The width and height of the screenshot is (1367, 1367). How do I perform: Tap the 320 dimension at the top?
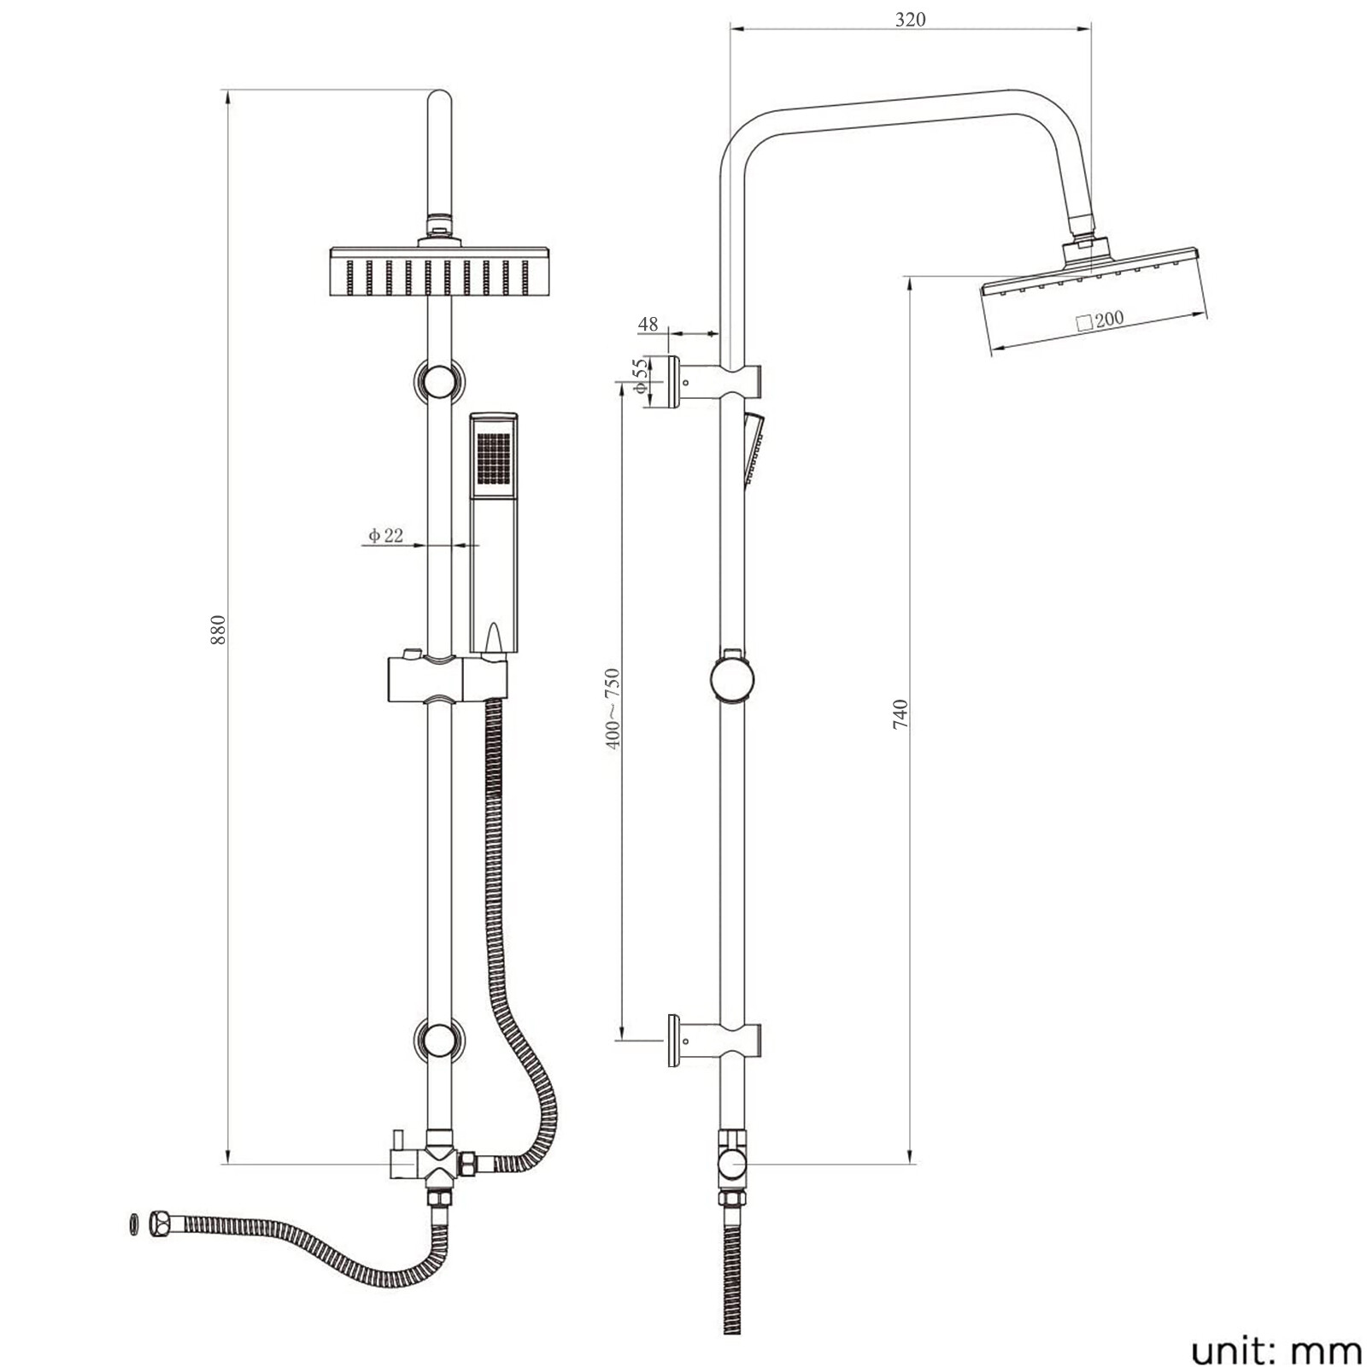(x=910, y=19)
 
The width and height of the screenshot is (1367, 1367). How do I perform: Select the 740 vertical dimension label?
(x=901, y=714)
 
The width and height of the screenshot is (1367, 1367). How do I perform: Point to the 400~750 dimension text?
(x=613, y=709)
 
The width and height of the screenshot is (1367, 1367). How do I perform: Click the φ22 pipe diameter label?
(x=385, y=536)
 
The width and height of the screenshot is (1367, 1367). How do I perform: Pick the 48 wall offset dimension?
(x=648, y=325)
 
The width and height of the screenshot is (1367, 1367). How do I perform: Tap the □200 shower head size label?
(x=1099, y=320)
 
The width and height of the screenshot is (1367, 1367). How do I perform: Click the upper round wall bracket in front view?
(x=439, y=380)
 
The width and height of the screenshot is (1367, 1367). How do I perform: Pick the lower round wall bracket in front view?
(x=439, y=1041)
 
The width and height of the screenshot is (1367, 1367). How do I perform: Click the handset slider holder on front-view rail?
(x=448, y=679)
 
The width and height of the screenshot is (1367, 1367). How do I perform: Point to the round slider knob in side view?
(x=733, y=679)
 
